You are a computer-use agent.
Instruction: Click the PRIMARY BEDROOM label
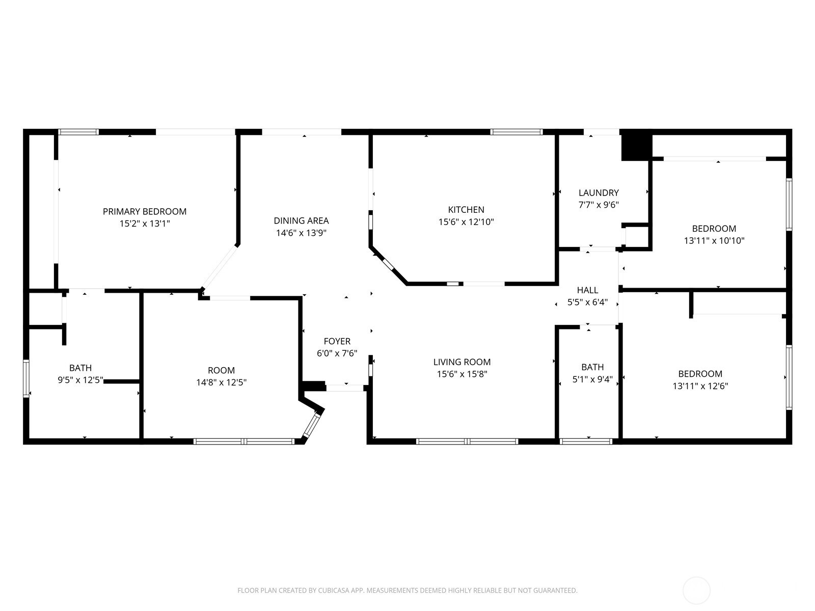145,211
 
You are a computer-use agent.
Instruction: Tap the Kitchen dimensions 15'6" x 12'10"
466,222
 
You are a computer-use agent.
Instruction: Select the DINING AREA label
301,221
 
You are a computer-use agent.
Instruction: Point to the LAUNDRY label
599,193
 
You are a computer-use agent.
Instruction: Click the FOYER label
337,341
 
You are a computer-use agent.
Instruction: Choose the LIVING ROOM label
462,362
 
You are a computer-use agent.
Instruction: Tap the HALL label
587,290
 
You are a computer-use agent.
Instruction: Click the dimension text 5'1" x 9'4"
592,379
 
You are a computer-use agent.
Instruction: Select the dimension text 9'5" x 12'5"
80,380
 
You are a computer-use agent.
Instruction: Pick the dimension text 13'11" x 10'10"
714,241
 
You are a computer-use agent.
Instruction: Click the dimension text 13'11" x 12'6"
700,386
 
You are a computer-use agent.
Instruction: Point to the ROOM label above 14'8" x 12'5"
221,370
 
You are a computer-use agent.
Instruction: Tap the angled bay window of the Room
312,425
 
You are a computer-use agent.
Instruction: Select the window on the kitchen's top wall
516,132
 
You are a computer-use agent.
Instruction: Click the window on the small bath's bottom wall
586,441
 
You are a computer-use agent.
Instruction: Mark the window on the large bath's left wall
26,378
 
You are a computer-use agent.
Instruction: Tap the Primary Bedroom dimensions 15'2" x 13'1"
145,224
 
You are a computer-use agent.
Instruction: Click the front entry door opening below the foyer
345,388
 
